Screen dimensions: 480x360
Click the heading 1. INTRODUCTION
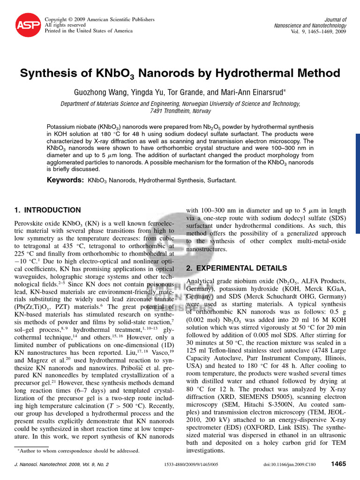(x=48, y=210)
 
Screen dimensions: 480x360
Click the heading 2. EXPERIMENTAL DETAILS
(x=237, y=268)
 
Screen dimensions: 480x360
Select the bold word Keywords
(x=65, y=180)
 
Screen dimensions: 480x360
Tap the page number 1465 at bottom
(x=338, y=464)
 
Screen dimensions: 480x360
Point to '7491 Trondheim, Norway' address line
(x=180, y=111)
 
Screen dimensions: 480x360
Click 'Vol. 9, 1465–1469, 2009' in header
(x=315, y=31)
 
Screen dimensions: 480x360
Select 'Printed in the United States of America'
(x=88, y=30)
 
